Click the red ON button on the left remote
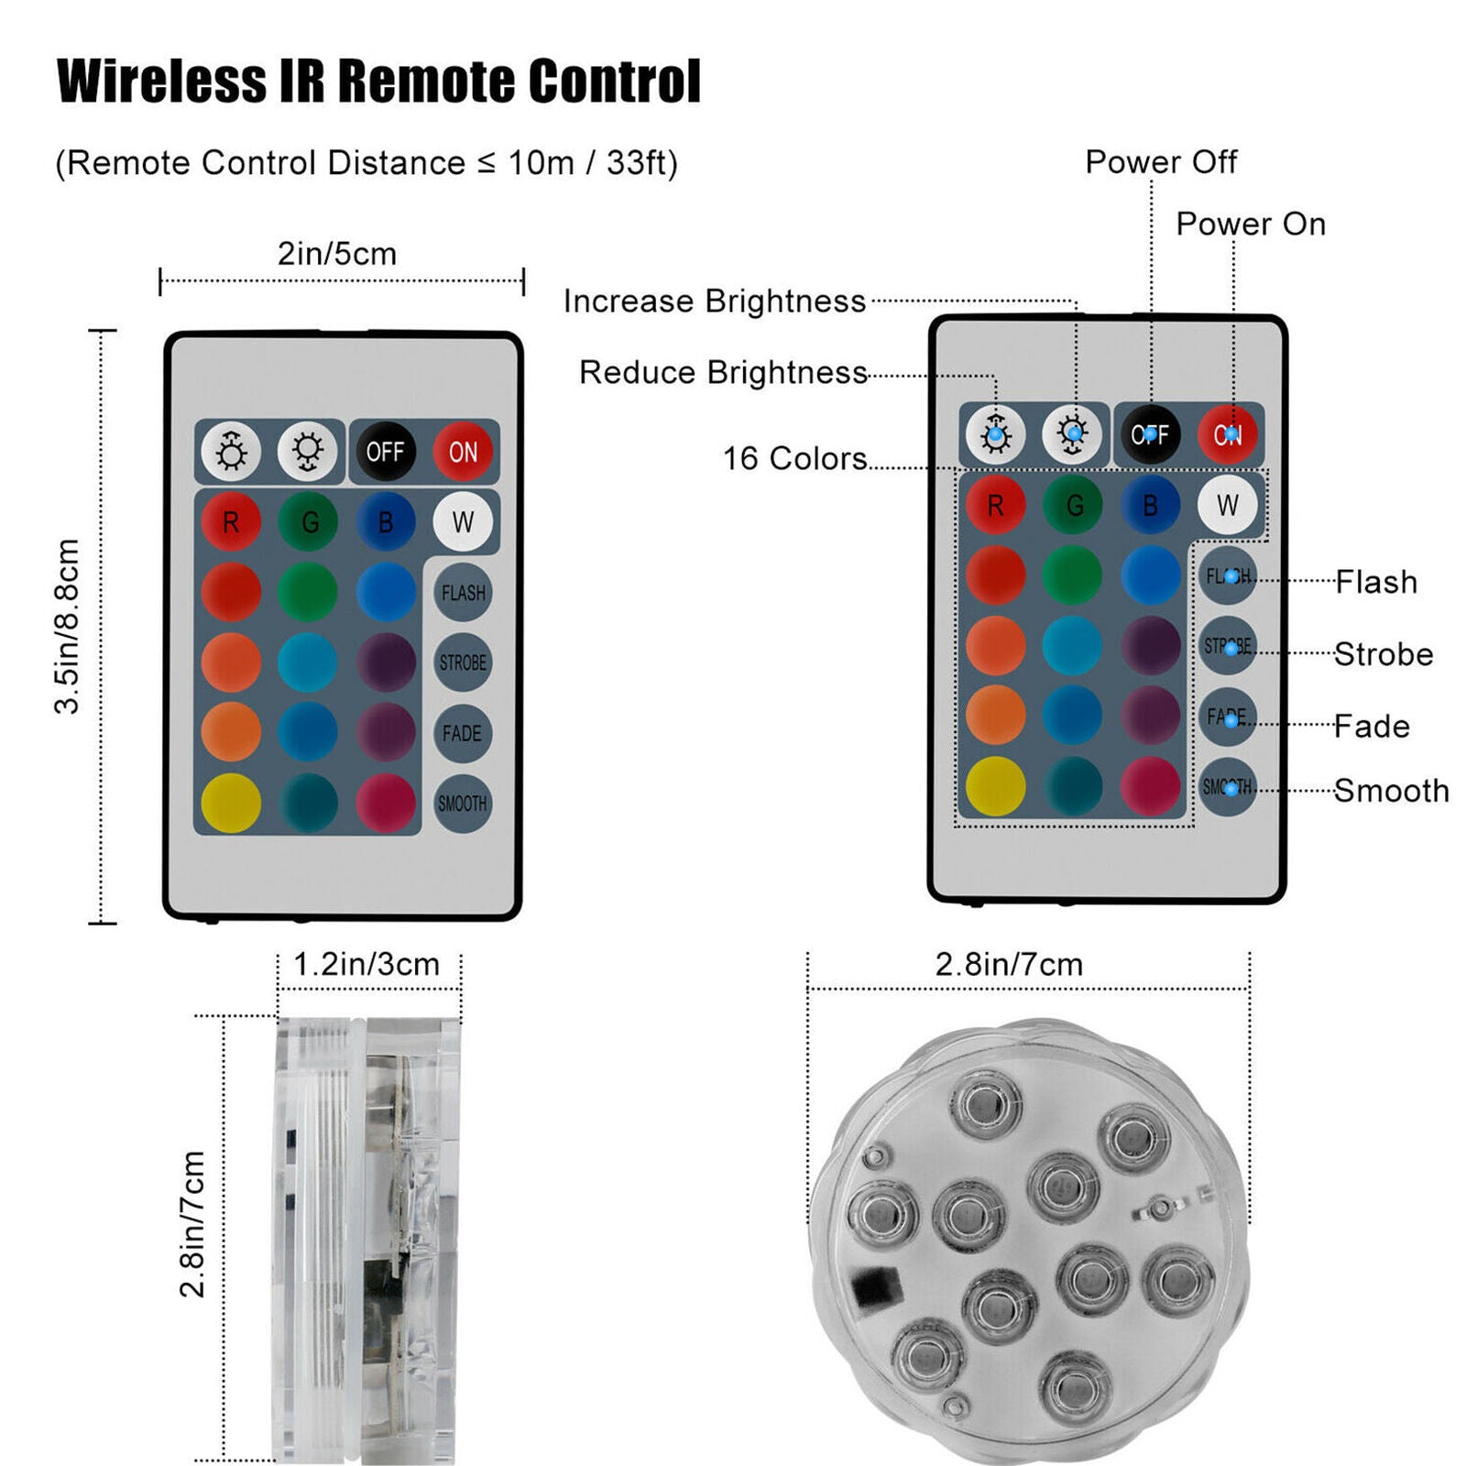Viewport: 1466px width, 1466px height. (463, 451)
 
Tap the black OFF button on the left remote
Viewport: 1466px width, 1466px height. (385, 451)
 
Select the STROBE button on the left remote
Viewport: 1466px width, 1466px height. (463, 662)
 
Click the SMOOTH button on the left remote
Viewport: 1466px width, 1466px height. (463, 804)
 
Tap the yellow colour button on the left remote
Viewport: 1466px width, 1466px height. (231, 803)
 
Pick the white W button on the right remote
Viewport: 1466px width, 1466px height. (1228, 504)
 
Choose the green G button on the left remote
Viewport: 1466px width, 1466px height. (309, 521)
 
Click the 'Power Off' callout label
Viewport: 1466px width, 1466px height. (1161, 162)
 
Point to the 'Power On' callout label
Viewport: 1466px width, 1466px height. (1251, 224)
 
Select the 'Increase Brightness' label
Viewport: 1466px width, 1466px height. (715, 301)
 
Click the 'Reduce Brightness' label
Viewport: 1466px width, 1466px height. (724, 372)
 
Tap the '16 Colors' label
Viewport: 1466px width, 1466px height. (795, 458)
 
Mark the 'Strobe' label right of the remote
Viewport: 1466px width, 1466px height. (1384, 654)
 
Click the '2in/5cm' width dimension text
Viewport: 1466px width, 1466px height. (337, 254)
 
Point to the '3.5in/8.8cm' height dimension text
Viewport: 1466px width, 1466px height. (68, 626)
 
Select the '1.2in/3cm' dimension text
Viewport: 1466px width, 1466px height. (366, 964)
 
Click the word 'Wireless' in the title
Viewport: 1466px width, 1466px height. (161, 81)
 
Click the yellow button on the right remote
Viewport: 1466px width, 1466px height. (996, 786)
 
